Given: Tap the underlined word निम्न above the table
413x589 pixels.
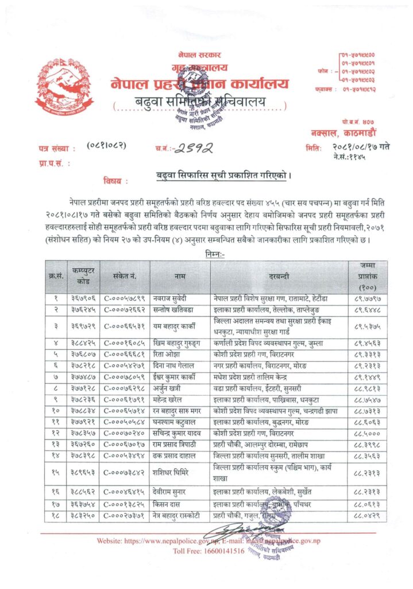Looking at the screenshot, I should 215,253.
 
